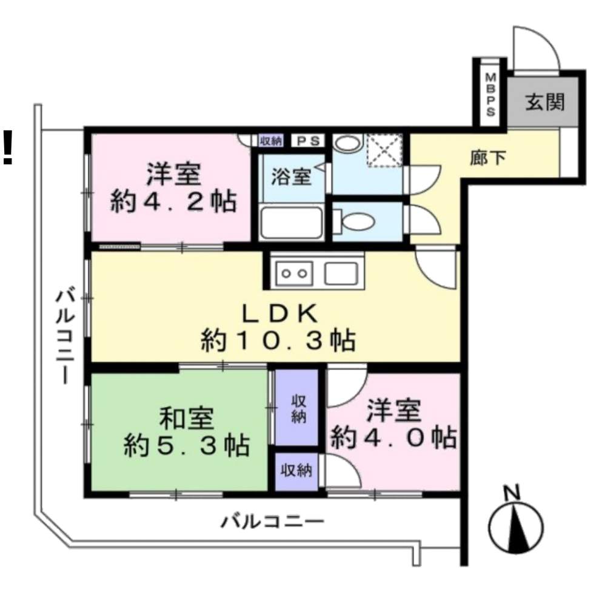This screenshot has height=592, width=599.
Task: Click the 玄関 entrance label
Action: (545, 102)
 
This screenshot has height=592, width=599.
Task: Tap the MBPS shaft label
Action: (490, 95)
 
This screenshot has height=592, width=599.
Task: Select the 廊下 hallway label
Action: (488, 157)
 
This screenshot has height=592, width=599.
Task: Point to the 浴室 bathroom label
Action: (291, 177)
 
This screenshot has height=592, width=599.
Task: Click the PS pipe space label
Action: (308, 141)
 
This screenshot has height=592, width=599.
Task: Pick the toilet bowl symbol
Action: (354, 221)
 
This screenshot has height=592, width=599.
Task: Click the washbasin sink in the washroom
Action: (347, 144)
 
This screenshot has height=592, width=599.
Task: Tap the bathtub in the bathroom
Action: (291, 223)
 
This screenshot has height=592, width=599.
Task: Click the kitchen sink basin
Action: (341, 274)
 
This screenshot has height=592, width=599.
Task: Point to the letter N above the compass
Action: (512, 493)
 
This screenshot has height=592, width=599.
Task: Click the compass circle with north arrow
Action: (516, 526)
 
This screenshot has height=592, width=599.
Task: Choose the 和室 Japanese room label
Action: (186, 419)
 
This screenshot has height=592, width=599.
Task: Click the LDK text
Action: (280, 314)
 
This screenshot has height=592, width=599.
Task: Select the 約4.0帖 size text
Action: (393, 437)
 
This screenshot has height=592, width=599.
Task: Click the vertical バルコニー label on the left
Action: (64, 336)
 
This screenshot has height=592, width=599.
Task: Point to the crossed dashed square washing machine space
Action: (384, 150)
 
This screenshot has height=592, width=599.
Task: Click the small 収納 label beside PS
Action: (271, 141)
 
